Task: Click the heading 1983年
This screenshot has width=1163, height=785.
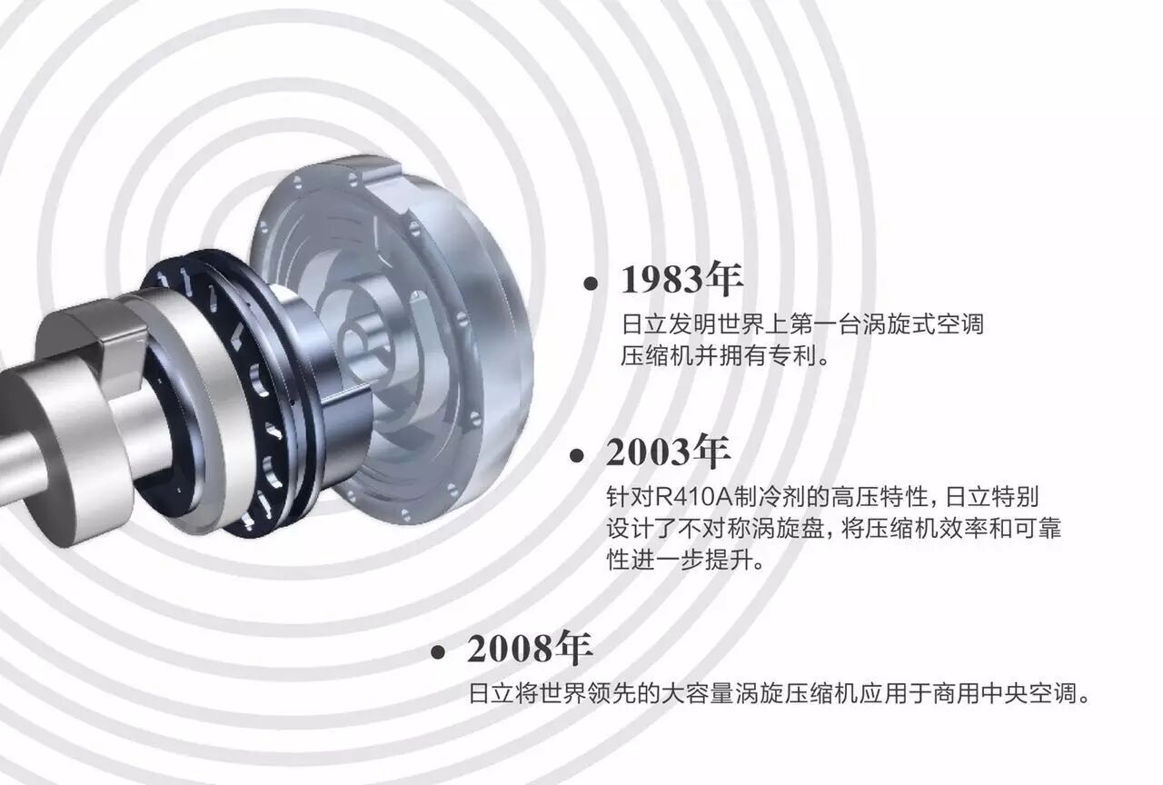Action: [x=681, y=279]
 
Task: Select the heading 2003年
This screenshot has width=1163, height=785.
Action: [x=668, y=451]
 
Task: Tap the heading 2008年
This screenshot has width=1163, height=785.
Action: [x=530, y=648]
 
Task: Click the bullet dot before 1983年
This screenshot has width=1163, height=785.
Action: [x=591, y=283]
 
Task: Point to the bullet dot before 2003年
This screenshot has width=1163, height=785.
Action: [x=576, y=455]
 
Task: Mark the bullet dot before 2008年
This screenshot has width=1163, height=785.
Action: [x=438, y=652]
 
